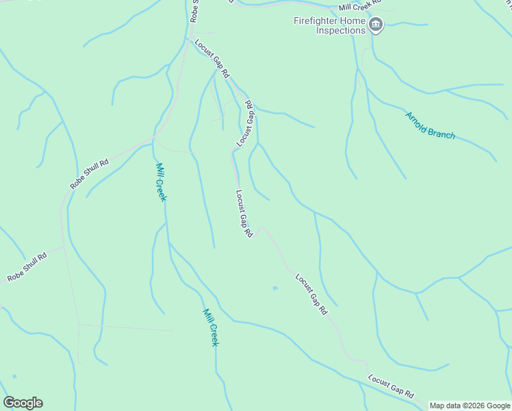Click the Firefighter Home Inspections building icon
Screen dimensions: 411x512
[x=376, y=26]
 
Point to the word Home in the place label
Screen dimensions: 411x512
[x=354, y=21]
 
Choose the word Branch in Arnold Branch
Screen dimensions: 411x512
[x=442, y=132]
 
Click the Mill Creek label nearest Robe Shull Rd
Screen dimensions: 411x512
[x=161, y=182]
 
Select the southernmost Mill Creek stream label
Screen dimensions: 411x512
[x=210, y=327]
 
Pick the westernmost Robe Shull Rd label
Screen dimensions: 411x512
[x=27, y=267]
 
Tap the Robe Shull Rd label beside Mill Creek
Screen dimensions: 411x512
[x=90, y=174]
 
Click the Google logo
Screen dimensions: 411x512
[x=23, y=403]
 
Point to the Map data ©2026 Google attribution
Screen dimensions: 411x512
[x=470, y=406]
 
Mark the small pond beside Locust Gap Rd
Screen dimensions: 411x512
[x=275, y=288]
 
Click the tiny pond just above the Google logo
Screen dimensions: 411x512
[x=14, y=376]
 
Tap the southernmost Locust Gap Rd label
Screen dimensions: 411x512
[x=392, y=386]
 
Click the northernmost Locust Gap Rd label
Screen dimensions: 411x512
[x=212, y=57]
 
